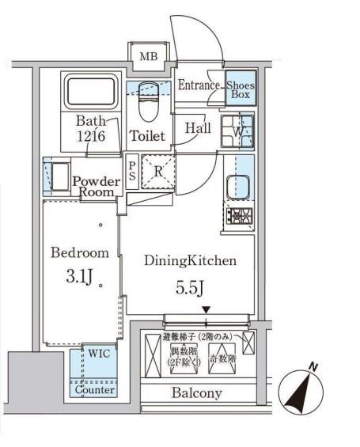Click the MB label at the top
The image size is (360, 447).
pos(148,57)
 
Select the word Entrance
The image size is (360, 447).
pos(199,85)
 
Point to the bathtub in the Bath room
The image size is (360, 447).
pos(90,93)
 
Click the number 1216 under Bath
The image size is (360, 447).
pos(90,136)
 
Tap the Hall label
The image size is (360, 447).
pos(198,127)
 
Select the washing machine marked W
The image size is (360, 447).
pos(237,131)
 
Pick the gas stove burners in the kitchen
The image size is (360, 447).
pos(239,216)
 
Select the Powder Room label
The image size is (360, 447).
pos(96,187)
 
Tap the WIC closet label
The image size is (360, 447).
pos(98,353)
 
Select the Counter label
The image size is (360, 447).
pos(94,390)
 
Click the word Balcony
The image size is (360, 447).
pos(196,393)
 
